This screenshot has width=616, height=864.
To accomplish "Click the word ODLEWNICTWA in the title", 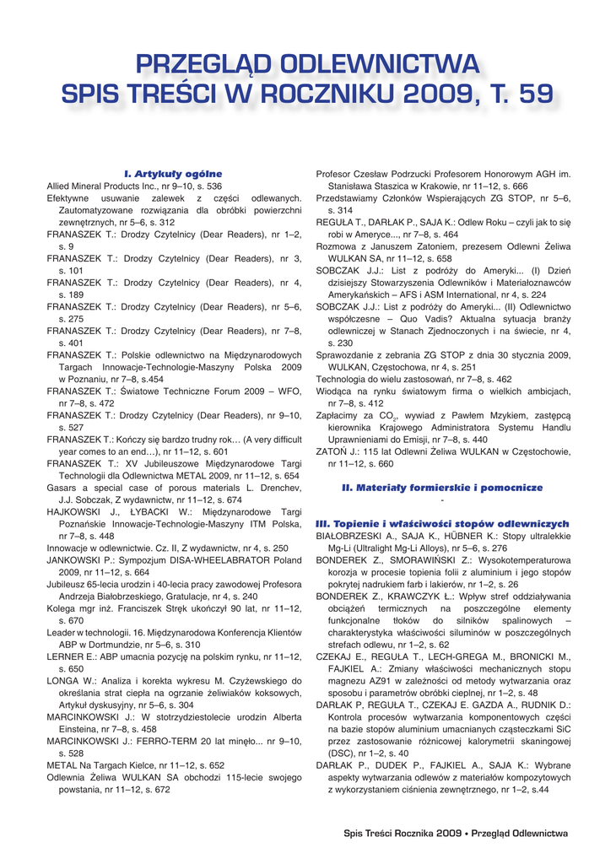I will point(379,65).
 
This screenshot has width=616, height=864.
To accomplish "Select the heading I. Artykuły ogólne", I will point(173,174).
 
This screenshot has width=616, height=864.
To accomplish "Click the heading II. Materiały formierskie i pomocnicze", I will point(442,488).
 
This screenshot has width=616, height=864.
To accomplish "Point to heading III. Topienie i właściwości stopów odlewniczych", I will point(442,524).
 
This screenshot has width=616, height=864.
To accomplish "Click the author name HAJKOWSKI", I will point(75,511).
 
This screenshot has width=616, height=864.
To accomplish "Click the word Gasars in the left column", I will point(61,487).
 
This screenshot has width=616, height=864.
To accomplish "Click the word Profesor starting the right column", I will point(336,174).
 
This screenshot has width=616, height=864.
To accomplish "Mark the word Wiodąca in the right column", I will point(336,391).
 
